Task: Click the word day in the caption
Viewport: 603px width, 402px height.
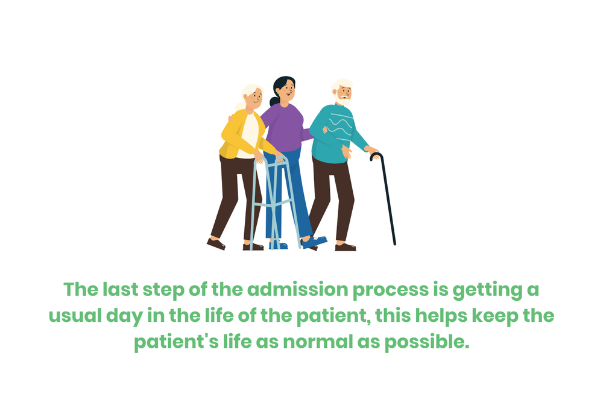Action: click(x=128, y=316)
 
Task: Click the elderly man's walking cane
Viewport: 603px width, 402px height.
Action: click(x=387, y=199)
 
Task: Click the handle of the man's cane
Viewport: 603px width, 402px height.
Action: click(x=375, y=156)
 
